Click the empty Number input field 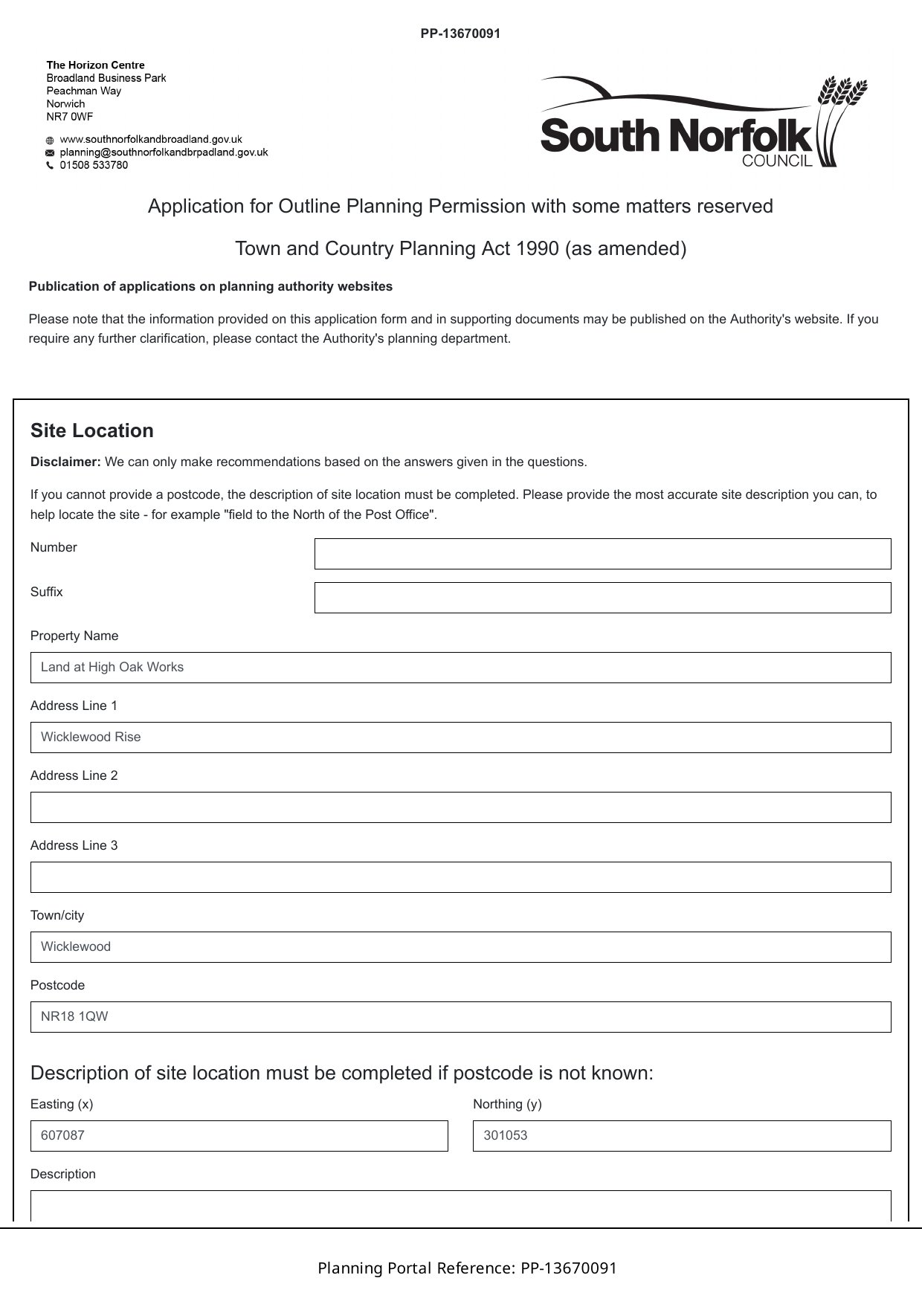pos(602,554)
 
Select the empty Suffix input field pos(602,598)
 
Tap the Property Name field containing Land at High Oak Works pos(460,668)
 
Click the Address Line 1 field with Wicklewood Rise pos(460,737)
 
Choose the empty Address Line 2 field pos(460,807)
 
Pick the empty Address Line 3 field pos(460,877)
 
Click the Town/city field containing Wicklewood pos(460,947)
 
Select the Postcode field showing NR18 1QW pos(460,1017)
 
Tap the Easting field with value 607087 pos(239,1136)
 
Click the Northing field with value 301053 pos(682,1136)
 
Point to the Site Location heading pos(92,431)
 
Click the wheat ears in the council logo pos(842,92)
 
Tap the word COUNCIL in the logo pos(777,161)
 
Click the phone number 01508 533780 pos(94,165)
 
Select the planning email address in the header pos(164,152)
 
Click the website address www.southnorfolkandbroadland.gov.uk pos(151,139)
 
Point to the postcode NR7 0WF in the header pos(70,117)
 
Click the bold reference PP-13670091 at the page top pos(460,33)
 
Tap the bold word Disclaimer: pos(65,462)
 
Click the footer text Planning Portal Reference pos(467,1268)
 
